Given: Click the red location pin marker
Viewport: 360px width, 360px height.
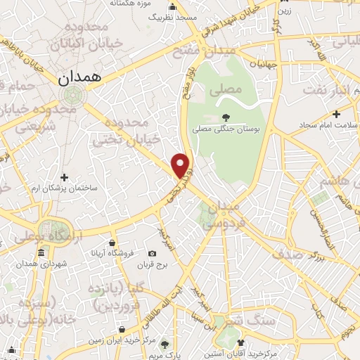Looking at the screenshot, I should [x=182, y=165].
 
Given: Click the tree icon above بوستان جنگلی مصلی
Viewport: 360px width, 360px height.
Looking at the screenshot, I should [x=226, y=117].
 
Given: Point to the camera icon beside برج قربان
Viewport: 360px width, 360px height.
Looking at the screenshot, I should [x=153, y=253].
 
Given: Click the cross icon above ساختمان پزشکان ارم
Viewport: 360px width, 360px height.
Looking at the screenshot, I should [x=65, y=176].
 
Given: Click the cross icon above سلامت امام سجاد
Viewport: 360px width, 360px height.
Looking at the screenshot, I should [x=337, y=113].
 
